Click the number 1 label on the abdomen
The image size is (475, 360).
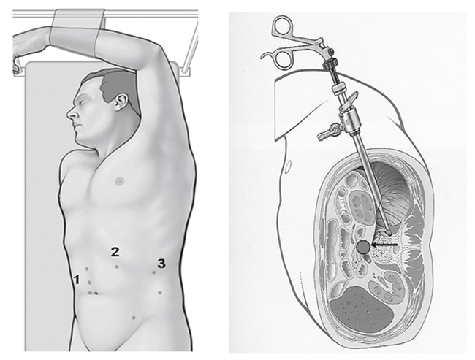point(77,279)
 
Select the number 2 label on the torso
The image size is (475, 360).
point(115,252)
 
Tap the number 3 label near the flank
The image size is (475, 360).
point(161,264)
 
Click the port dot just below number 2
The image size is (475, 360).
point(117,267)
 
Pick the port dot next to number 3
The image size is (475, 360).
point(154,272)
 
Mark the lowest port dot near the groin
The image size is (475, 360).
point(134,318)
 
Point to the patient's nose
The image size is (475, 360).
point(71,114)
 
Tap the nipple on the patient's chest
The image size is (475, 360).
point(119,181)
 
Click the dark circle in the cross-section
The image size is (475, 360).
point(363,248)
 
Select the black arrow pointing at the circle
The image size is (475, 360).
point(384,245)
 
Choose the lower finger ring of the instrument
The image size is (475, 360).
point(284,59)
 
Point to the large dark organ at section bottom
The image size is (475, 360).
point(362,309)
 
